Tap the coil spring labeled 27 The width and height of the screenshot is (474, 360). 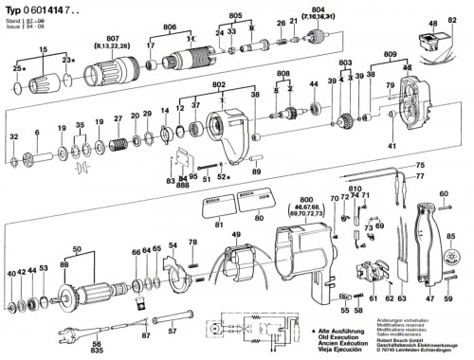(118, 147)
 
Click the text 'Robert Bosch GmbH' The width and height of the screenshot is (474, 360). (403, 334)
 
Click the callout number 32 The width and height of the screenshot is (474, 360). (13, 138)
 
